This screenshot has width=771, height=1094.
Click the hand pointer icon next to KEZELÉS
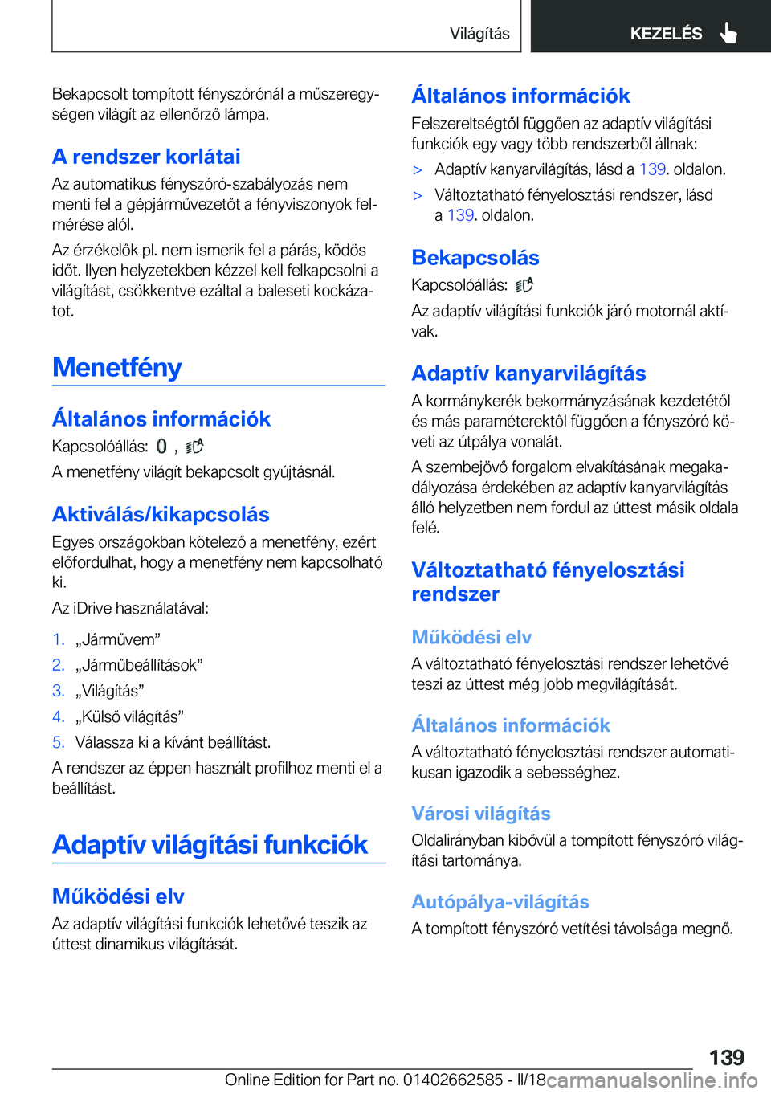pos(728,33)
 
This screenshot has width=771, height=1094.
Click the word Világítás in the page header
pos(479,33)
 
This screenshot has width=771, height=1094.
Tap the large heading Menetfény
pos(117,367)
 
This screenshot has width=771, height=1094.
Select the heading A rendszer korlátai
pos(146,156)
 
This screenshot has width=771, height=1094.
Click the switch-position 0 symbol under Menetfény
pos(161,447)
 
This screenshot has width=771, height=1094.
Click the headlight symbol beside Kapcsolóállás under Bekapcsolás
pos(524,285)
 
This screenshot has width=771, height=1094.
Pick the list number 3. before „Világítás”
pos(58,691)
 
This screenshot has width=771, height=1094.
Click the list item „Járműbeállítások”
pos(139,665)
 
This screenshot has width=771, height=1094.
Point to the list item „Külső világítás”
pos(129,716)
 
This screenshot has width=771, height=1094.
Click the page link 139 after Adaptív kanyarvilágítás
pos(652,169)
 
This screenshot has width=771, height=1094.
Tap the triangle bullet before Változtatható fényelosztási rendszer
pos(418,195)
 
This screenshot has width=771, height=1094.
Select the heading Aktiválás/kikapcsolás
pos(161,514)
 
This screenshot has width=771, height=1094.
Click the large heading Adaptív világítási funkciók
pos(210,844)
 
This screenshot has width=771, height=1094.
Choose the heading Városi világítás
pos(481,813)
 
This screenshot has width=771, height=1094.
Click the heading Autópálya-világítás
pos(500,901)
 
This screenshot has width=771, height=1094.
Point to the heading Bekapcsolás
pos(475,257)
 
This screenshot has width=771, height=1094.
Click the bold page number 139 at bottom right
pos(726,1057)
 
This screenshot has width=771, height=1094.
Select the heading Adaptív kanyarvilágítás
pos(528,373)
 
